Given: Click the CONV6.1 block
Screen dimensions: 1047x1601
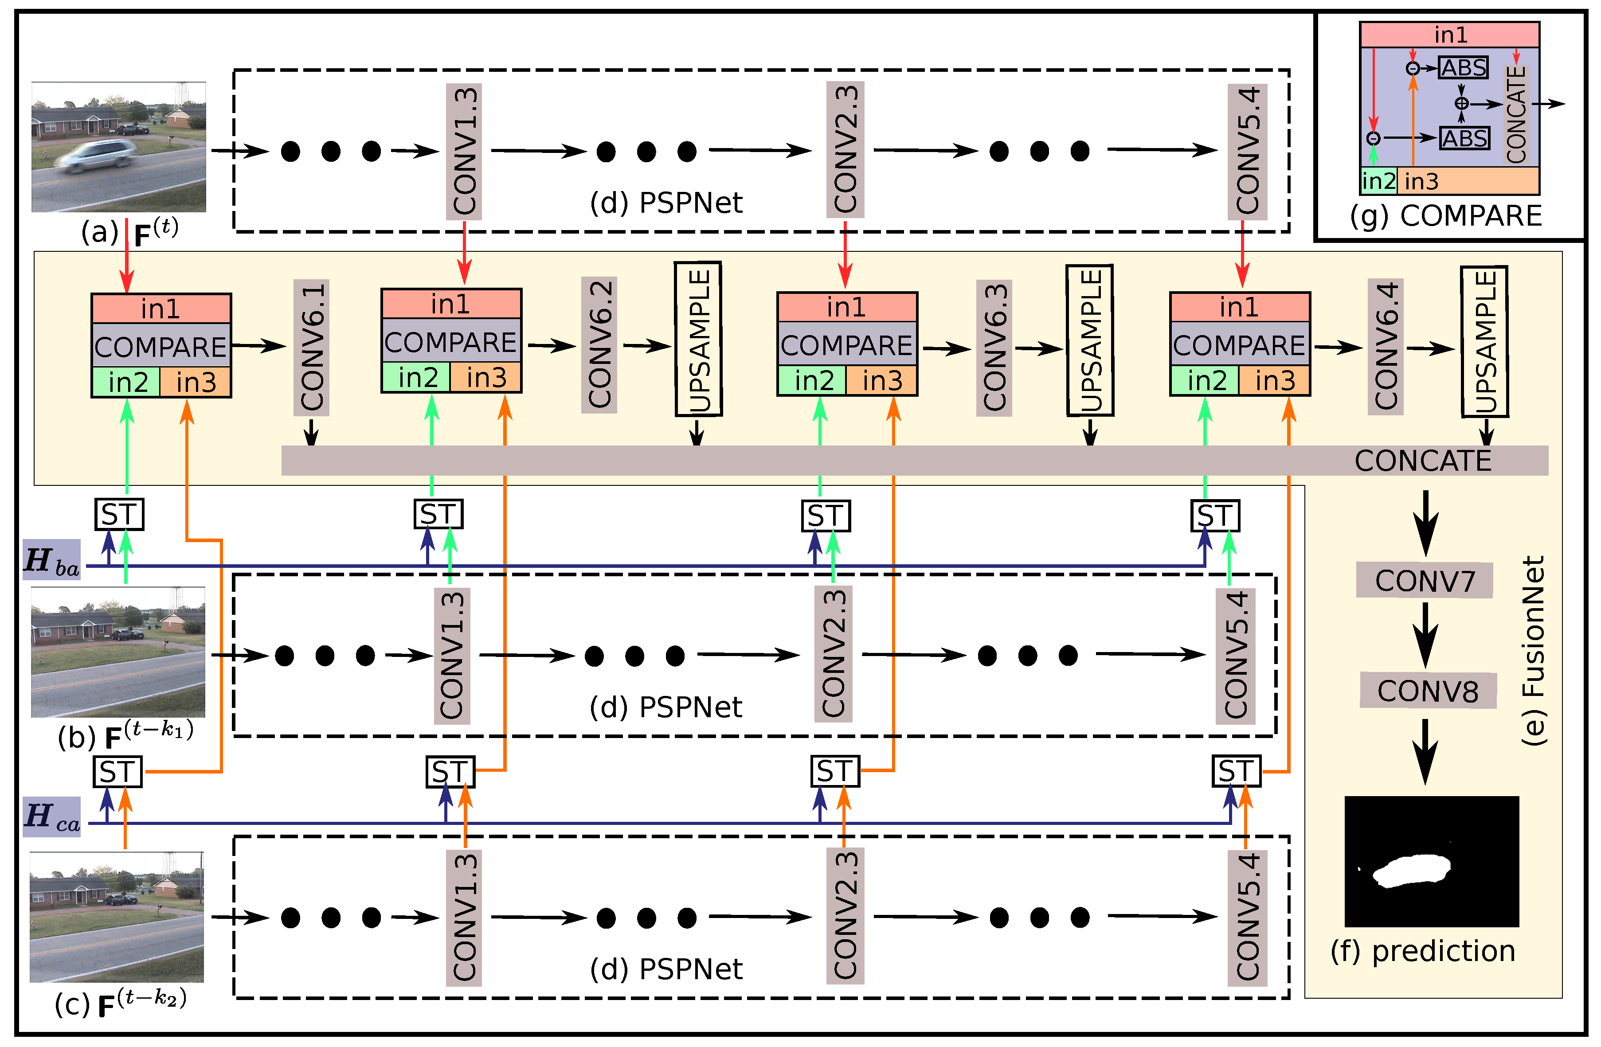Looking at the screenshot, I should pos(311,347).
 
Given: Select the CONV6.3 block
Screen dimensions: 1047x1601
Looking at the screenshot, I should pos(994,347).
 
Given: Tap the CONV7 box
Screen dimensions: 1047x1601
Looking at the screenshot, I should pos(1424,580).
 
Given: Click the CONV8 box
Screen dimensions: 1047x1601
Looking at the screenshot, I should pos(1428,691).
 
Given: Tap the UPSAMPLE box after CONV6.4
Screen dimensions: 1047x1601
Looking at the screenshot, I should pos(1484,342).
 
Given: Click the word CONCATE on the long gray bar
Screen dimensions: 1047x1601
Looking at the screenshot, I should pos(1422,461).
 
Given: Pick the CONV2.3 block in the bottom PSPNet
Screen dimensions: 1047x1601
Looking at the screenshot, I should pos(845,917).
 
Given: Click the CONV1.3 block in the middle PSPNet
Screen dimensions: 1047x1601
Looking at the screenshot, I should pos(451,656).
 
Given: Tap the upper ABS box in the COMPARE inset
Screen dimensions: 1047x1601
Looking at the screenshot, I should pos(1463,68).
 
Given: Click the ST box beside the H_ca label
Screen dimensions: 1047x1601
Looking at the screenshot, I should pos(118,771).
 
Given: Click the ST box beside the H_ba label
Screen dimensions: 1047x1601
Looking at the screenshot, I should pos(119,515).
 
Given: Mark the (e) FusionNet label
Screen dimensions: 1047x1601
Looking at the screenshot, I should pos(1534,650).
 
